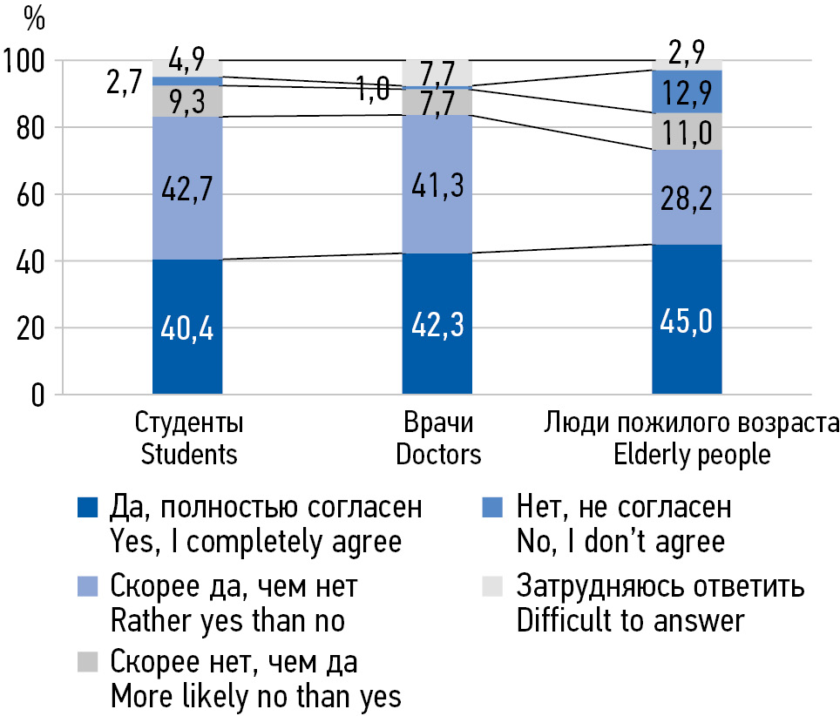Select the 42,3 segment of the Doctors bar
point(437,324)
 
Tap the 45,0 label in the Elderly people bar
point(688,321)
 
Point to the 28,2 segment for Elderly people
point(688,197)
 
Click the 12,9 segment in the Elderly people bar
point(688,91)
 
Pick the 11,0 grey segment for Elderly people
point(688,132)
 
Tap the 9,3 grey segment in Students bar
point(186,101)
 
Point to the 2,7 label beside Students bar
point(123,87)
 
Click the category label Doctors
point(438,454)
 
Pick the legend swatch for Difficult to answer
point(492,588)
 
